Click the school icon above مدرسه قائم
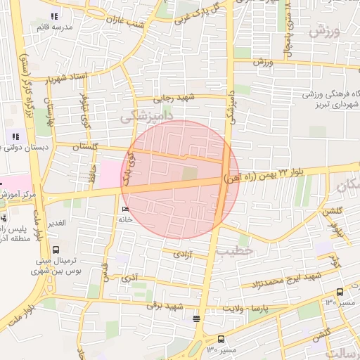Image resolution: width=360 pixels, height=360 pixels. pos(55,16)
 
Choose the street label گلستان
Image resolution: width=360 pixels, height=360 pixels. pos(85,146)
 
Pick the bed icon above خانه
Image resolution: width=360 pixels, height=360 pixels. pos(126,209)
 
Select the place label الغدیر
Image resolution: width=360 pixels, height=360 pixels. pos(54,222)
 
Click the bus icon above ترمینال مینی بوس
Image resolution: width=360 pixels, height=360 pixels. pos(56,249)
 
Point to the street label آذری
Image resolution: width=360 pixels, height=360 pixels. pos(129,278)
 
